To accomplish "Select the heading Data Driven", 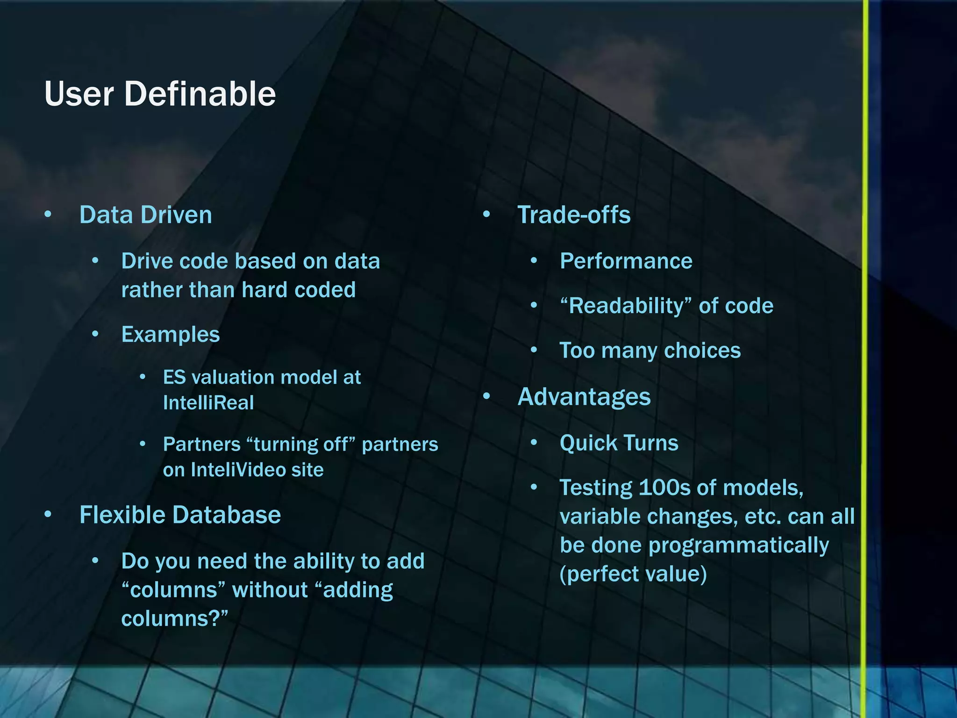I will (145, 215).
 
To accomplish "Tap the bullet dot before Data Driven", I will (48, 215).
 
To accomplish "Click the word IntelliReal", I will (208, 403).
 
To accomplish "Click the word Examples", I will (170, 335).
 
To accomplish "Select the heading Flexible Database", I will (180, 515).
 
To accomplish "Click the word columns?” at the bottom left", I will (174, 619).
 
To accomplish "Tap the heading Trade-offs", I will (574, 215).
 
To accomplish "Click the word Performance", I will (626, 261).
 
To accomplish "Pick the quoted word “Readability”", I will (625, 306).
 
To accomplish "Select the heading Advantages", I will (584, 397).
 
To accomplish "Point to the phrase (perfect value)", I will (633, 574).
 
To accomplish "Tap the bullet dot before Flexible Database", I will (48, 515).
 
